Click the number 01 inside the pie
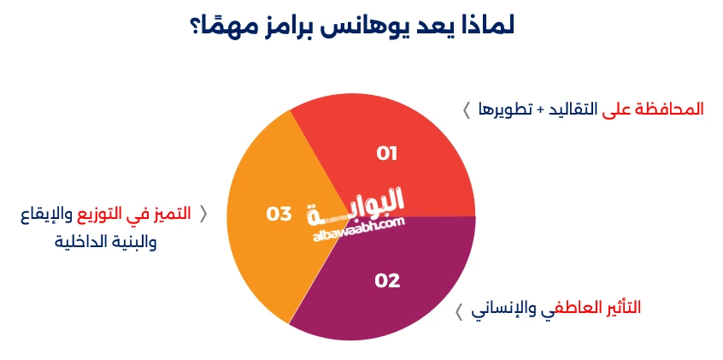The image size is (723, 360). point(387,154)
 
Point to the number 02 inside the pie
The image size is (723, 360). point(387,280)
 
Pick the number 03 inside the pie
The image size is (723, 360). point(279,214)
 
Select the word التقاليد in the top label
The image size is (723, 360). point(572,109)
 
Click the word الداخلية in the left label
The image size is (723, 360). point(82,242)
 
